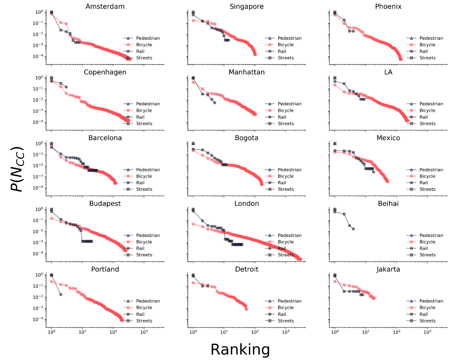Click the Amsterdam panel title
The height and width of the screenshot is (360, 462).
click(105, 6)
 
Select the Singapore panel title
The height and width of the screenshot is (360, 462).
click(247, 6)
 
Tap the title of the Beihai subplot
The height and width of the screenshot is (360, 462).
click(388, 203)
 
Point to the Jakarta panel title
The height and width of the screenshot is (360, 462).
click(388, 269)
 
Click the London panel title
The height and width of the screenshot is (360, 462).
click(247, 203)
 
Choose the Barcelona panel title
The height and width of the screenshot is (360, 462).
click(105, 138)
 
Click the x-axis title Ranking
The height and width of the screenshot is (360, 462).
click(240, 349)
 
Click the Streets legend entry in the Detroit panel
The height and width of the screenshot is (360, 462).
click(285, 321)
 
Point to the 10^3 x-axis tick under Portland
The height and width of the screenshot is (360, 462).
click(144, 332)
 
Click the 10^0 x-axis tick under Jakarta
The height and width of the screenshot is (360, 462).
click(335, 332)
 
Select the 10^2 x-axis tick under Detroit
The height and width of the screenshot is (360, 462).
click(255, 332)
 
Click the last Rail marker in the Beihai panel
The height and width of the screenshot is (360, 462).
click(353, 229)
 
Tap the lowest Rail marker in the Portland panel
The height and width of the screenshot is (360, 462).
click(61, 294)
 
